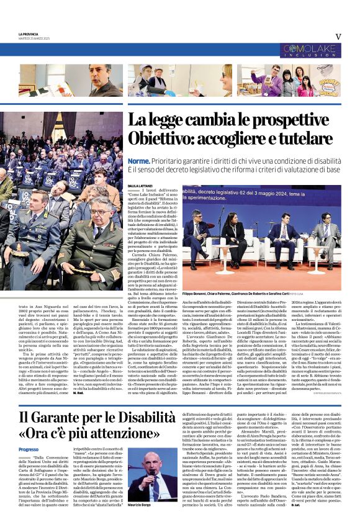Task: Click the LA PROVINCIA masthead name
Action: click(28, 34)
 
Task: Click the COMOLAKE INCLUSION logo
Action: click(309, 50)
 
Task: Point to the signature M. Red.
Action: click(78, 393)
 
